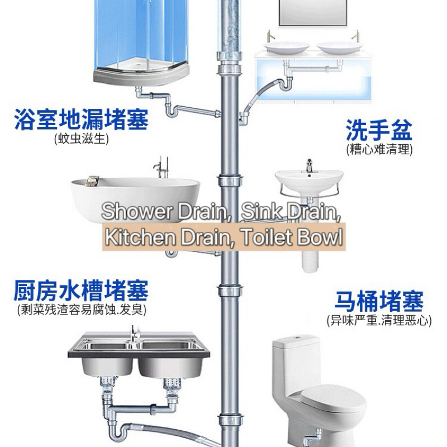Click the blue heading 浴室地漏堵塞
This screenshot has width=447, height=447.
pos(81,119)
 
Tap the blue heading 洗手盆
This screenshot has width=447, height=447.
pos(379,130)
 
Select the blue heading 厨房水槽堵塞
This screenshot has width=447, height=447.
pos(81,291)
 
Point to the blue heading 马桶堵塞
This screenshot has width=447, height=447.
pos(379,301)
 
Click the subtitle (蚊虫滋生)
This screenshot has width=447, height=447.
pos(82,139)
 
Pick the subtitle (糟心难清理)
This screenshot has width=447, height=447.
pos(379,149)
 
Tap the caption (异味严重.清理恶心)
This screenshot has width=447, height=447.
pos(379,320)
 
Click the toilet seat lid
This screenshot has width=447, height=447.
pos(334,398)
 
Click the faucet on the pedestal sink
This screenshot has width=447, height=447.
pos(310,165)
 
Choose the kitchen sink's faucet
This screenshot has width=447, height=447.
pos(135,334)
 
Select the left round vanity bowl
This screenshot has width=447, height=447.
pos(287,47)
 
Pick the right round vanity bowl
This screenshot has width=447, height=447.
pos(340,47)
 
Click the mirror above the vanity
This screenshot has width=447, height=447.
pos(313,13)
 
